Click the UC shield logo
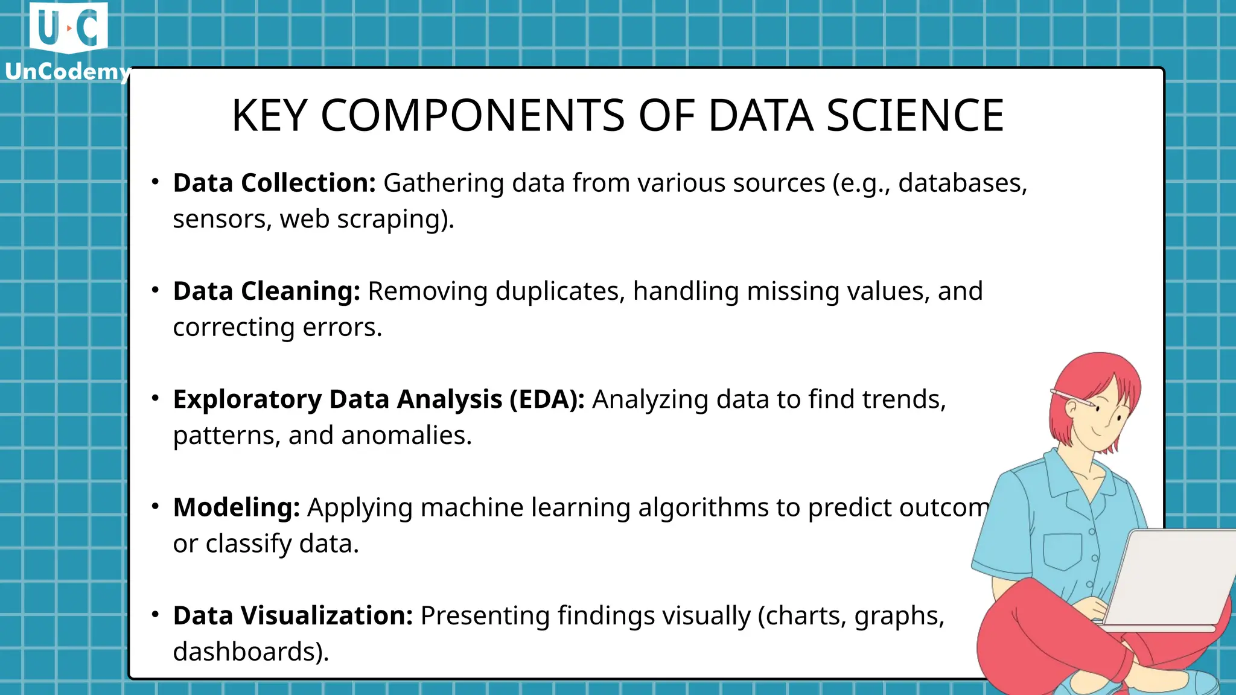[x=68, y=28]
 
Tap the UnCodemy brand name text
[x=68, y=72]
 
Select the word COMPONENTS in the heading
[x=473, y=115]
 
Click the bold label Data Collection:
[x=274, y=183]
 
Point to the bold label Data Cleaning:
[x=266, y=291]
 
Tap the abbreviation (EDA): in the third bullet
[x=547, y=399]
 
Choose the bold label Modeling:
[x=236, y=507]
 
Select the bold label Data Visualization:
[x=293, y=616]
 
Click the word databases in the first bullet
[x=962, y=183]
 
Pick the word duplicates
[x=560, y=291]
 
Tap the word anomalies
[x=406, y=436]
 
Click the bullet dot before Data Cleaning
[x=155, y=290]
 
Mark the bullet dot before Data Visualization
[x=155, y=615]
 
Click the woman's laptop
[x=1171, y=579]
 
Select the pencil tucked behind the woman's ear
[x=1074, y=399]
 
